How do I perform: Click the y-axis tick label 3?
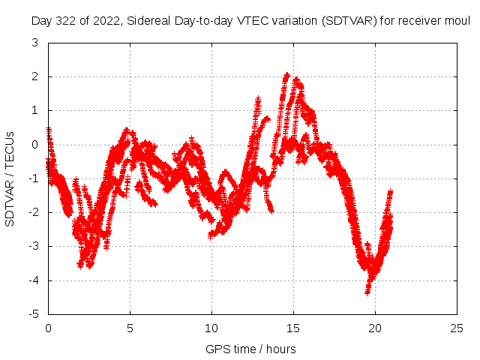pos(35,43)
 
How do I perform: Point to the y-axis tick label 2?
pos(35,76)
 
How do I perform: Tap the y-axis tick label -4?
pos(33,280)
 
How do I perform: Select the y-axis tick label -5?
pos(33,314)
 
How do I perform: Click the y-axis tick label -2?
pos(33,212)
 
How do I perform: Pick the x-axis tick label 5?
pos(130,328)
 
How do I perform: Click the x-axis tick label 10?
pos(211,328)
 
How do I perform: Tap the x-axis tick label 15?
pos(293,328)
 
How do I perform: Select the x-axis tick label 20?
pos(375,328)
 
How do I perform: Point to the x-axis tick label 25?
pos(457,328)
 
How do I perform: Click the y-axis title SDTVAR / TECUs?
pos(10,179)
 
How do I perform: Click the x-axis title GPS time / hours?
pos(250,349)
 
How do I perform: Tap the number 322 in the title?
pos(66,21)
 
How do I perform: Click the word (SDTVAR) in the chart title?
pos(349,21)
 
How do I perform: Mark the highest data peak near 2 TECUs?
pos(286,74)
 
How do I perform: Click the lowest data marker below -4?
pos(367,292)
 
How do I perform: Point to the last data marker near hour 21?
pos(390,192)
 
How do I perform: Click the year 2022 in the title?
pos(106,21)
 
